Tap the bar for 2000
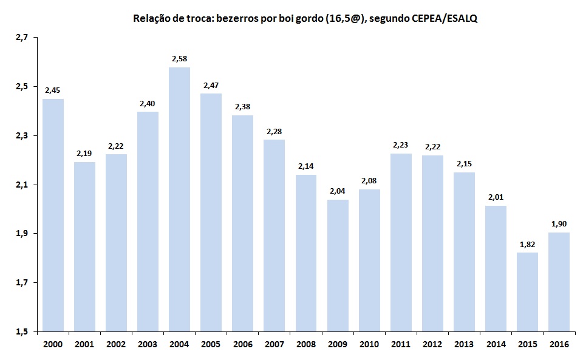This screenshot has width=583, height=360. [x=53, y=215]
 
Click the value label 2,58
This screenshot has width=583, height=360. [x=179, y=58]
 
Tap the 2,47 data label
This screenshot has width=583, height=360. [x=211, y=85]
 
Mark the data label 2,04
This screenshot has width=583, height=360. [x=337, y=191]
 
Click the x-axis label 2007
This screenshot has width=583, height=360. [x=274, y=344]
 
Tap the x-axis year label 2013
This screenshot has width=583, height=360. [x=464, y=344]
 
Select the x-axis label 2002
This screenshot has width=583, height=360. [x=116, y=344]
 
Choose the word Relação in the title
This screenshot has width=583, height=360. [x=149, y=19]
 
